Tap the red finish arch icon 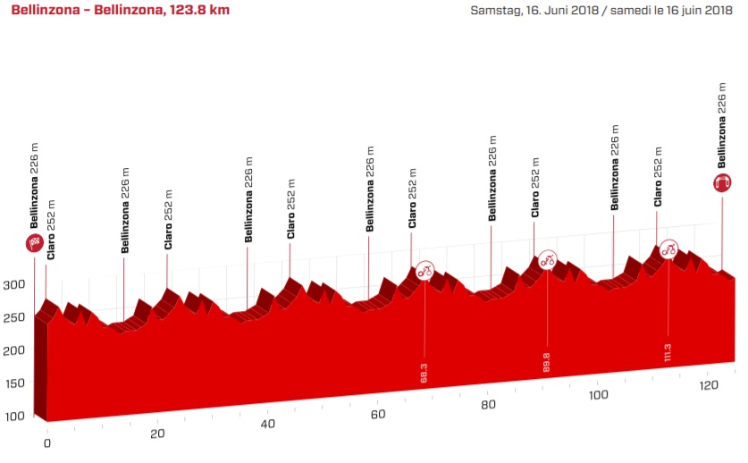(722, 182)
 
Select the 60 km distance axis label (377, 415)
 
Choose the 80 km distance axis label (487, 405)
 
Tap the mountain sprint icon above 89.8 (547, 259)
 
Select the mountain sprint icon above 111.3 (668, 249)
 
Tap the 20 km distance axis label (157, 434)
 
